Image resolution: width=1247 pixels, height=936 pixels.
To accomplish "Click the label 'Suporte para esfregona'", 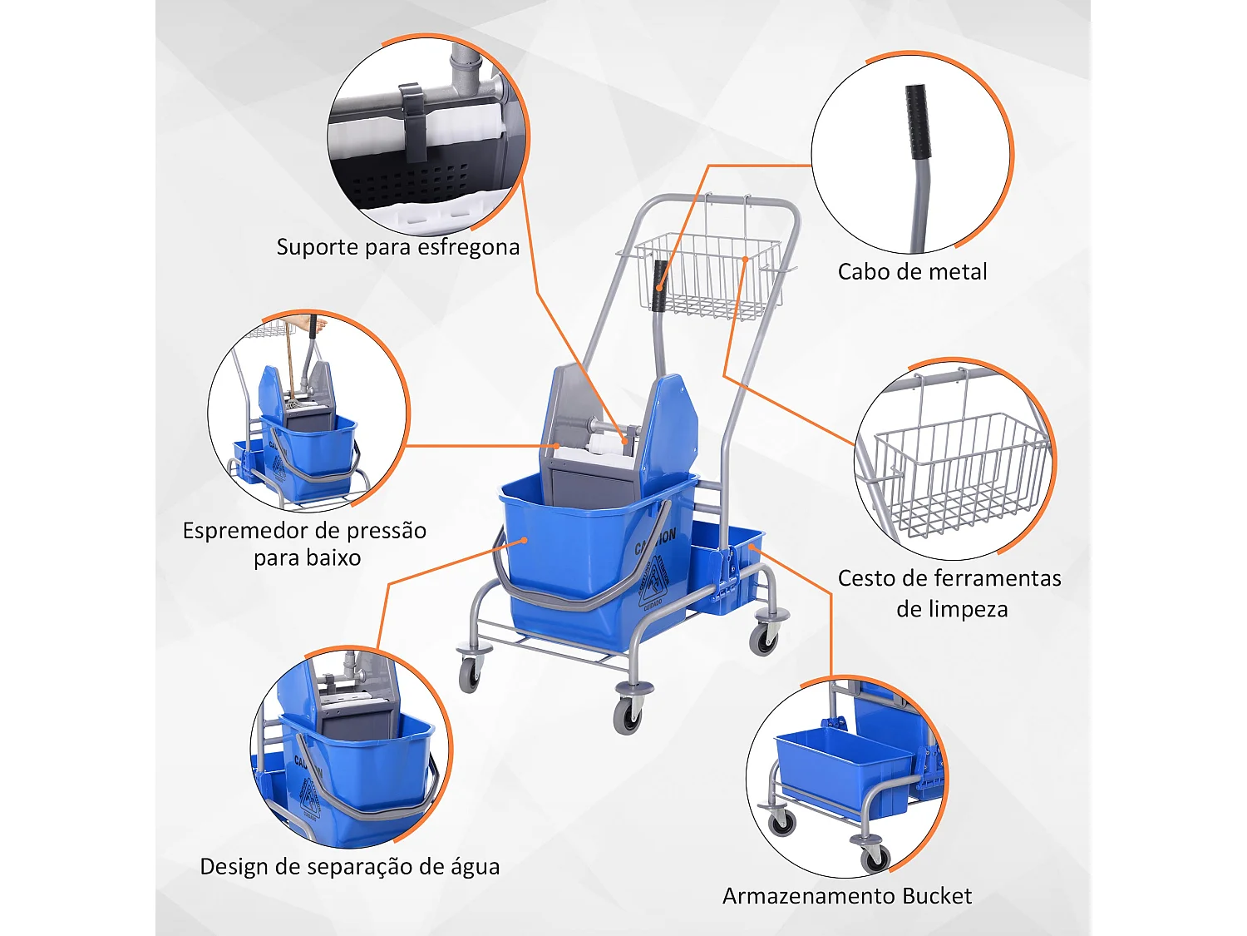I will [397, 247].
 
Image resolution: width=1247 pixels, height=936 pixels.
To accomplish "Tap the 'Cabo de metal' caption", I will [912, 272].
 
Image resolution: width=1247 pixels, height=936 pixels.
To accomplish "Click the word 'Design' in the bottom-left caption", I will [234, 867].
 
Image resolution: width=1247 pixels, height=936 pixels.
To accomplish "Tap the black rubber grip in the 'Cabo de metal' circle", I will [917, 121].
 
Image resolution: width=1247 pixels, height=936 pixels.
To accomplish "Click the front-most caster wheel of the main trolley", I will [627, 715].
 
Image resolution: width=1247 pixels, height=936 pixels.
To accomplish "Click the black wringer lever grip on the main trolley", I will [659, 285].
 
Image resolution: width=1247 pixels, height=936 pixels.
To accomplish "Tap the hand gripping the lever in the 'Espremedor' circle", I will [310, 324].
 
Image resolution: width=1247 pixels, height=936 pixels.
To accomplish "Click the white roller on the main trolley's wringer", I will [605, 447].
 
